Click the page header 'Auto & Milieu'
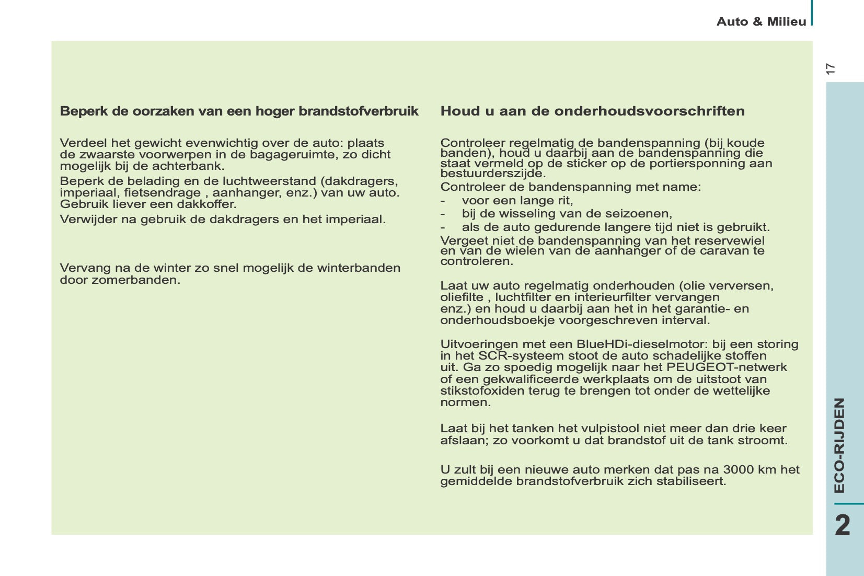tap(761, 21)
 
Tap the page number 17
tap(831, 68)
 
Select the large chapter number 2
tap(842, 525)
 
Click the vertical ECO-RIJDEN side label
tap(839, 445)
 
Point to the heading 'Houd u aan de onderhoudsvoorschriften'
tap(592, 111)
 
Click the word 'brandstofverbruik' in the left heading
tap(359, 111)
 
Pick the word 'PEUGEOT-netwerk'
tap(727, 367)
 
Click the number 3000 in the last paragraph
tap(735, 469)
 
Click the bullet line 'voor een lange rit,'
tap(517, 201)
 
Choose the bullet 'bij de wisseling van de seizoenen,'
tap(567, 214)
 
